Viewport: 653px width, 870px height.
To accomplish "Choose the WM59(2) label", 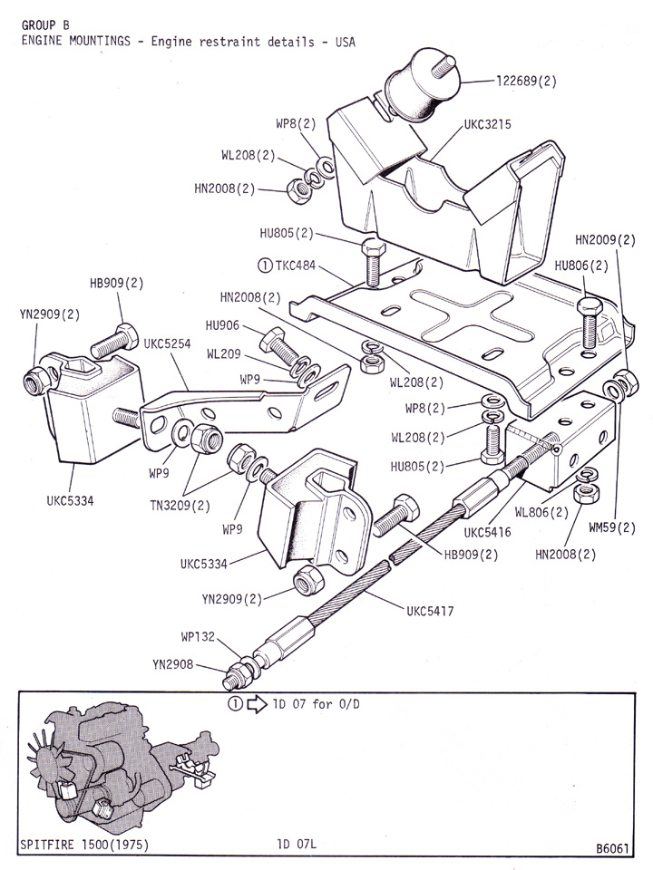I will pos(612,528).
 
